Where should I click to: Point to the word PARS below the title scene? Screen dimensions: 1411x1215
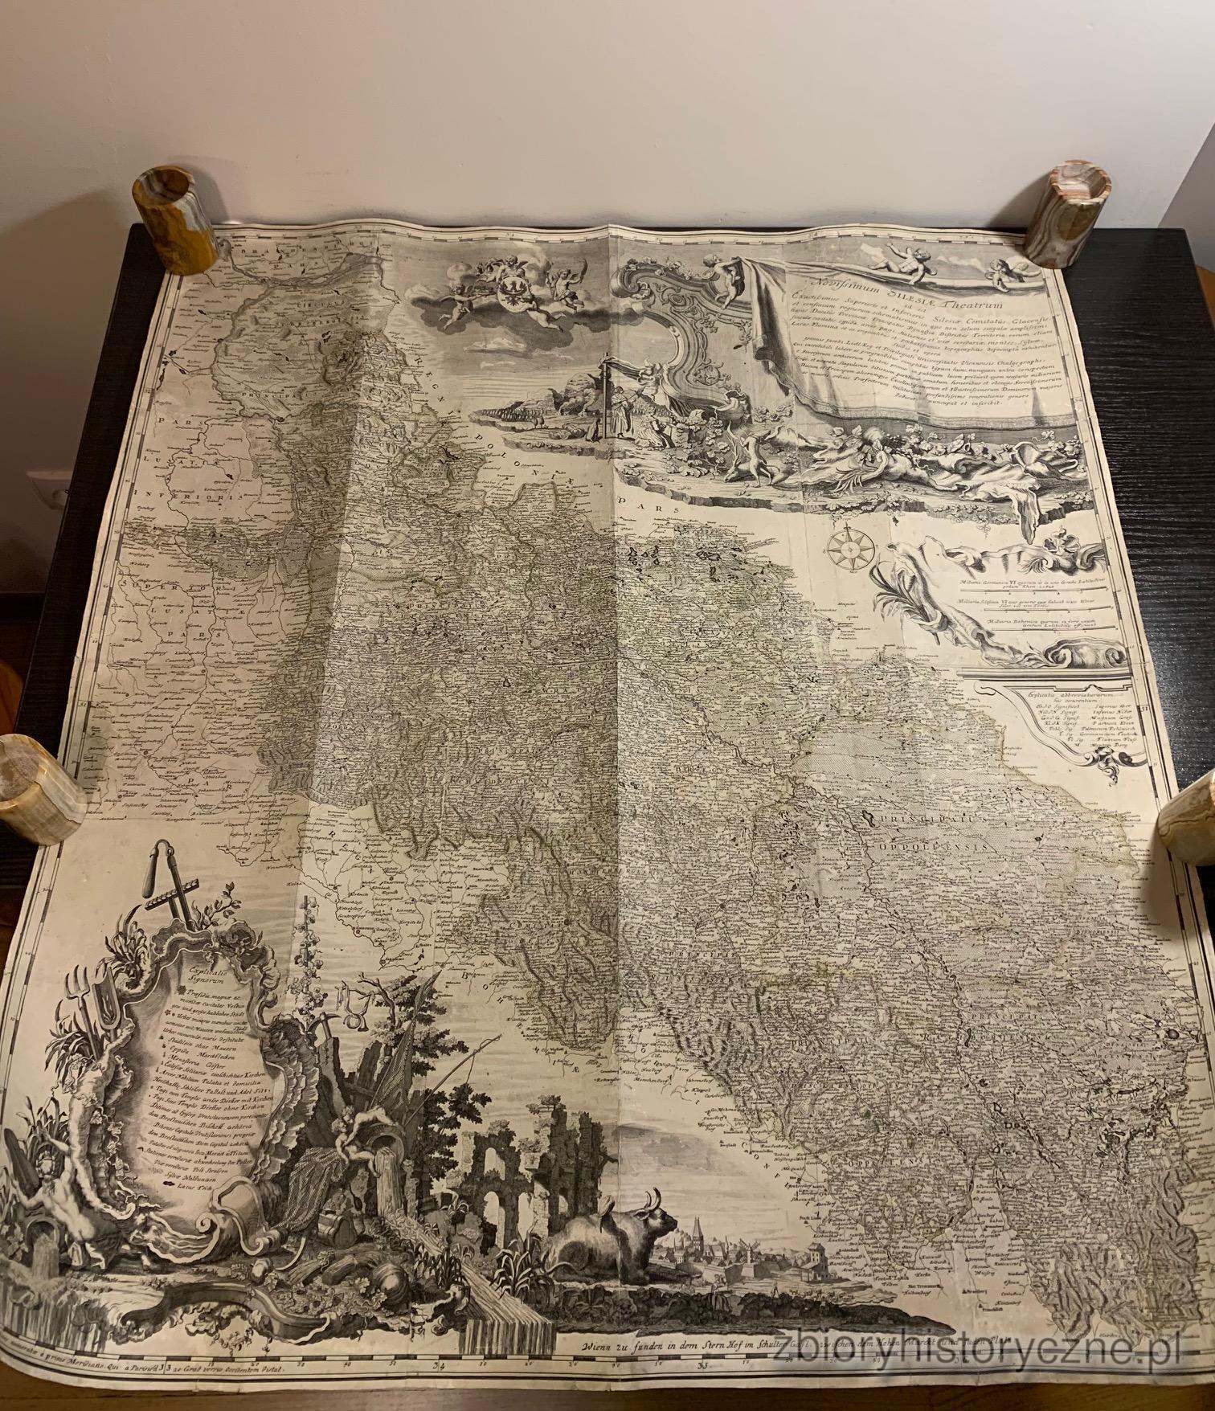665,510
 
